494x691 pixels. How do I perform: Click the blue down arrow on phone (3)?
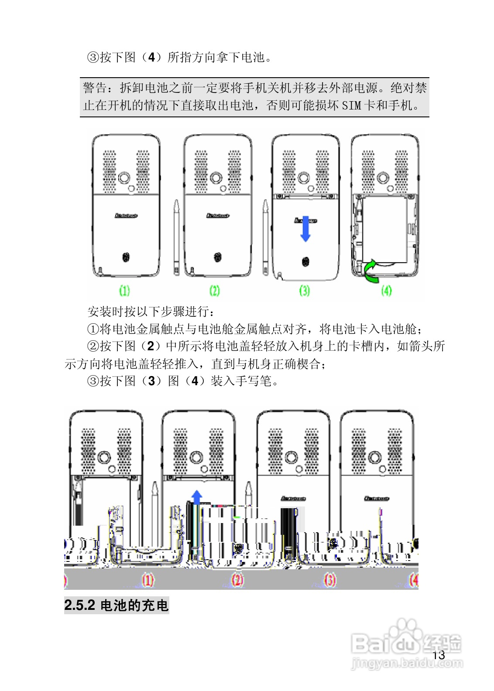(x=305, y=228)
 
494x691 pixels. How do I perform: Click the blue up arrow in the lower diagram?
(x=197, y=497)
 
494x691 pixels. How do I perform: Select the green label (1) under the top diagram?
(x=125, y=290)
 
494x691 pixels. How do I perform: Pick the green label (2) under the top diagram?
(x=215, y=290)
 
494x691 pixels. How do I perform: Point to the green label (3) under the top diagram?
(x=305, y=290)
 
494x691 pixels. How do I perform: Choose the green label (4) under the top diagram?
(x=386, y=290)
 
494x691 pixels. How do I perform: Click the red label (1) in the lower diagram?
(x=148, y=580)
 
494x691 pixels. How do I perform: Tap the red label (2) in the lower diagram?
(x=237, y=580)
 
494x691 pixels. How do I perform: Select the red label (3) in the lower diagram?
(x=330, y=580)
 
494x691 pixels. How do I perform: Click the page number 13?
(x=439, y=655)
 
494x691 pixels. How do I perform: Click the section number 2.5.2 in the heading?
(x=79, y=605)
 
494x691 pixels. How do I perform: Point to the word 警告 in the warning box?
(x=95, y=88)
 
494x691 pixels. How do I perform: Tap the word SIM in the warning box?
(x=351, y=106)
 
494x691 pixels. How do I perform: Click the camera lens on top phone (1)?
(x=125, y=178)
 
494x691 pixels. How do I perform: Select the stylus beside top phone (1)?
(x=176, y=238)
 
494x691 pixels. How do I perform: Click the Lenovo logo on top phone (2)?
(x=218, y=216)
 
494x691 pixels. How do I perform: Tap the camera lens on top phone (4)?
(x=383, y=178)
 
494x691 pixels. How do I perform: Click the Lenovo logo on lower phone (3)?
(x=293, y=498)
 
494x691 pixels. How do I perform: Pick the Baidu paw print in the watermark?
(x=405, y=630)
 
